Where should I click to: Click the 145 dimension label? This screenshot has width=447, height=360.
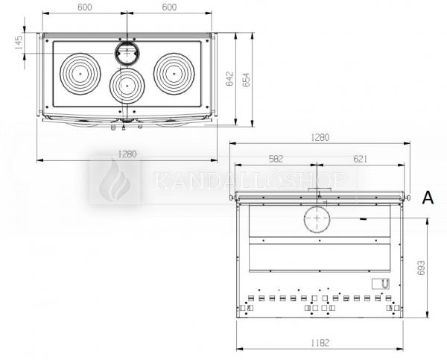pyautogui.click(x=18, y=42)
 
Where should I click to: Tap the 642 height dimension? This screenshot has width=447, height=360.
pyautogui.click(x=229, y=79)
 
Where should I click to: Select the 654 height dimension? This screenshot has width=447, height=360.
pyautogui.click(x=246, y=80)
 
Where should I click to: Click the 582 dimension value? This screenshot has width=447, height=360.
pyautogui.click(x=276, y=159)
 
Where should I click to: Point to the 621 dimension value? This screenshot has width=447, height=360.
pyautogui.click(x=361, y=159)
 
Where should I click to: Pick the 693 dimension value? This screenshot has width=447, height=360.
pyautogui.click(x=421, y=268)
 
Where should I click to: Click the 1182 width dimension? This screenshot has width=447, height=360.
pyautogui.click(x=320, y=343)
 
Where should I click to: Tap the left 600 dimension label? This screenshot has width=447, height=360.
pyautogui.click(x=85, y=7)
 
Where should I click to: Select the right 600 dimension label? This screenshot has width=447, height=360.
pyautogui.click(x=169, y=7)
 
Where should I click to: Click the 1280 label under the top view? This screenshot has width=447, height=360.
pyautogui.click(x=127, y=154)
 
